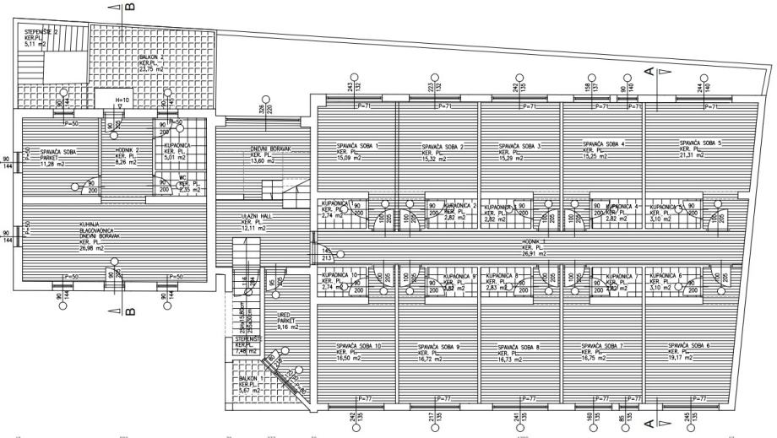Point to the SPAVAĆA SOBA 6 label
(689, 345)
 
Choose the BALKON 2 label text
(151, 57)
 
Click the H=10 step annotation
(122, 100)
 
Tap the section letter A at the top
(649, 72)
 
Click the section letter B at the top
(128, 8)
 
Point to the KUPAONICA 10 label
(337, 276)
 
